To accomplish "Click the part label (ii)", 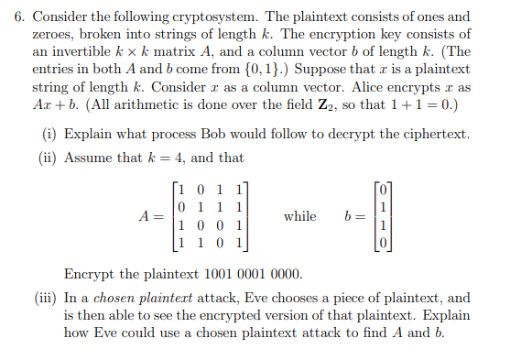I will [52, 158].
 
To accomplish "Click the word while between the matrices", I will [299, 217].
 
